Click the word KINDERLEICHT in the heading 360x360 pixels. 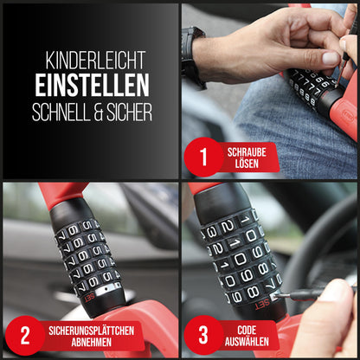[95, 61]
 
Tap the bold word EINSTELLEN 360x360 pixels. [93, 85]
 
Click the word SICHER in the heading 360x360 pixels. [129, 112]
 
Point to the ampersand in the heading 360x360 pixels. [98, 112]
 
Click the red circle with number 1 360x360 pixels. [203, 157]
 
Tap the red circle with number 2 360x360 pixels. [25, 335]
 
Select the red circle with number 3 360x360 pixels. [203, 335]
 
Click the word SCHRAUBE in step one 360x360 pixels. [247, 152]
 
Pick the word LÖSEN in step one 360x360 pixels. [247, 164]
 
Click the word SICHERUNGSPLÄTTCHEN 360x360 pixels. [91, 331]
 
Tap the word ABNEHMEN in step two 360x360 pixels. [91, 343]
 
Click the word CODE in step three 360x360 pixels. [247, 331]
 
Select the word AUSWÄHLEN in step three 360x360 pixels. [247, 342]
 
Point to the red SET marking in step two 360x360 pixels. [89, 297]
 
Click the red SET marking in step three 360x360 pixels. [262, 304]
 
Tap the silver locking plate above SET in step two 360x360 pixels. [108, 289]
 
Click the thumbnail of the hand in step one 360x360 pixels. [331, 59]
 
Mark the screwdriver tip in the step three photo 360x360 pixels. [275, 296]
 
